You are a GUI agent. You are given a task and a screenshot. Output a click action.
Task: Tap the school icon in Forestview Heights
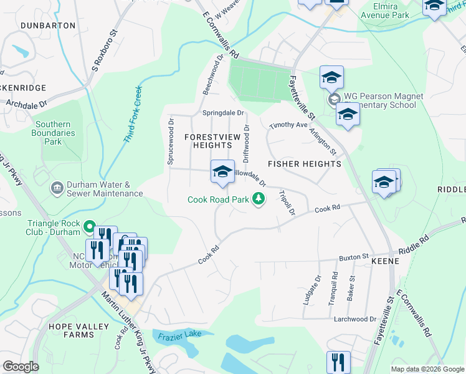pyautogui.click(x=222, y=172)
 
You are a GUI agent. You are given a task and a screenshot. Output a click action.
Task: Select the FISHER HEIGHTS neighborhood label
pyautogui.click(x=304, y=163)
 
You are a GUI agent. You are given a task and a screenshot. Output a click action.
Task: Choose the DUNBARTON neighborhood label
pyautogui.click(x=48, y=26)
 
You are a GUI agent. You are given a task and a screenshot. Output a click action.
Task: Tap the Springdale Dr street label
pyautogui.click(x=224, y=113)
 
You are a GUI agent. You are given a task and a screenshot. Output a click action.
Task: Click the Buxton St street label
pyautogui.click(x=354, y=257)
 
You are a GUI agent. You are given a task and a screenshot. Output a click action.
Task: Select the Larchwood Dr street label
pyautogui.click(x=356, y=319)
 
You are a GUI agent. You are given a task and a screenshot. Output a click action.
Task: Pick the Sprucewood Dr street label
pyautogui.click(x=170, y=142)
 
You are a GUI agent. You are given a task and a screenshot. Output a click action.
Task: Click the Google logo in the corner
pyautogui.click(x=21, y=366)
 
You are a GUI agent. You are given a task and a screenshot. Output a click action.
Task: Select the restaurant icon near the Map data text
pyautogui.click(x=338, y=362)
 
